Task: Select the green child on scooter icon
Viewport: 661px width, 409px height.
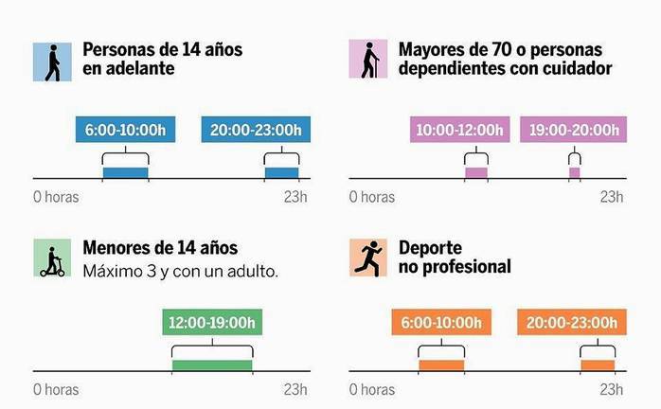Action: pyautogui.click(x=52, y=258)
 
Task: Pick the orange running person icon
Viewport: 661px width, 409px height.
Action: pyautogui.click(x=368, y=258)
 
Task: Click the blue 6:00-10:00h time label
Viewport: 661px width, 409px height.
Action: pyautogui.click(x=125, y=131)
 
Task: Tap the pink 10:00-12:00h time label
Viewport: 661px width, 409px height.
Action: pyautogui.click(x=461, y=131)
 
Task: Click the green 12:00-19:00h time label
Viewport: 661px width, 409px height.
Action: pyautogui.click(x=212, y=323)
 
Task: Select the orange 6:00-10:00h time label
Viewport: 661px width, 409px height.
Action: pyautogui.click(x=440, y=323)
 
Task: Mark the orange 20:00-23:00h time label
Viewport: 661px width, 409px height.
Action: pyautogui.click(x=572, y=323)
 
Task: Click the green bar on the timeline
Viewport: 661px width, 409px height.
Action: pyautogui.click(x=212, y=365)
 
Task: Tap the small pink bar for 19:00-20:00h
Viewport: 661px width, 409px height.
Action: pyautogui.click(x=574, y=172)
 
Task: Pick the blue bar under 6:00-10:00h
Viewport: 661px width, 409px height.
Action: pyautogui.click(x=125, y=172)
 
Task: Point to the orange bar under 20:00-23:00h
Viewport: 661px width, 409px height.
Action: pyautogui.click(x=598, y=365)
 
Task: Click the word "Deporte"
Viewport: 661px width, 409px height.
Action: pyautogui.click(x=430, y=247)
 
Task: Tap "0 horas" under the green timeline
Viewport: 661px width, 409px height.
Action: pyautogui.click(x=56, y=389)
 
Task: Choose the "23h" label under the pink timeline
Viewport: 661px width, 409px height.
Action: pyautogui.click(x=612, y=197)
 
